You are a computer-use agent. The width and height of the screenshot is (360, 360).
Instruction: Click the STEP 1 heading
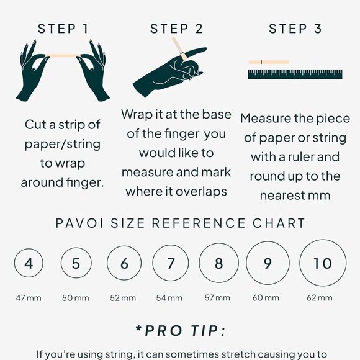coord(63,29)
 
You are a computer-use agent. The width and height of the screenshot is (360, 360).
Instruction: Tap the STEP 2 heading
coord(176,29)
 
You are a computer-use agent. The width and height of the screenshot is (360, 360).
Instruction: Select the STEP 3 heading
coord(295,29)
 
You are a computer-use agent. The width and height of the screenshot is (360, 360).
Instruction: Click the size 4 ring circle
coord(14,263)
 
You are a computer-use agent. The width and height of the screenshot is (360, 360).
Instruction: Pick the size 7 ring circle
coord(153,263)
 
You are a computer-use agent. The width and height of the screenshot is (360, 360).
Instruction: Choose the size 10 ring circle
coord(300,263)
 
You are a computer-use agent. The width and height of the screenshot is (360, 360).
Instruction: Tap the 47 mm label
coord(29,298)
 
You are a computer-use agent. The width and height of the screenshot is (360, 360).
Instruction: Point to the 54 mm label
coord(169,298)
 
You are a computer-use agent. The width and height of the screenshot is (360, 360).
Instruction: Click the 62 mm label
coord(320,298)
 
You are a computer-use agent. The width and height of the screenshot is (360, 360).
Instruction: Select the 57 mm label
coord(217,298)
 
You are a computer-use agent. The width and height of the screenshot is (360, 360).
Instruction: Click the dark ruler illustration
coord(295,74)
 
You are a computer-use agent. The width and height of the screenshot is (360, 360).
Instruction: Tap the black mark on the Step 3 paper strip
coord(261,62)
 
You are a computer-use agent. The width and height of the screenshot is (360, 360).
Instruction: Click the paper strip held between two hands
coord(63,56)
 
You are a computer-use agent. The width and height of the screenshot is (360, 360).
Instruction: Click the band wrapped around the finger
coord(183,56)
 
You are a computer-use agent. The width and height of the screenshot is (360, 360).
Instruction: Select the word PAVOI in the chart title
coord(79,223)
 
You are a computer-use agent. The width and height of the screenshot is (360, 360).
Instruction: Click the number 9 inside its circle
coord(268,263)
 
